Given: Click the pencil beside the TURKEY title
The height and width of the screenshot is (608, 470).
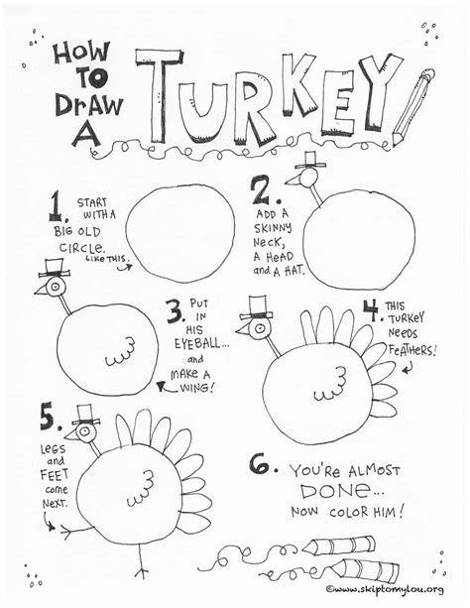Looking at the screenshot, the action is tap(412, 107).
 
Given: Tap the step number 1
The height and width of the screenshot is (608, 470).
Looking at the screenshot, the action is tap(57, 208).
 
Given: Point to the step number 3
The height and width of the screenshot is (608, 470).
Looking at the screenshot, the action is tap(175, 311).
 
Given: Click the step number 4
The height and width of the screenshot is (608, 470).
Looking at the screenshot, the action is tap(372, 310).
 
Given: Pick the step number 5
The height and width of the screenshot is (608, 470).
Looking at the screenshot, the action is tap(50, 418).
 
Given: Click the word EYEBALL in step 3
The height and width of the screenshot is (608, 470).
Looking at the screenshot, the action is tap(196, 343).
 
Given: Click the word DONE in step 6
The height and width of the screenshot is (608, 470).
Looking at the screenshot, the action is tap(333, 491).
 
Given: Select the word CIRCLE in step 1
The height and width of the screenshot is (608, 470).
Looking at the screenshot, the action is tap(81, 247).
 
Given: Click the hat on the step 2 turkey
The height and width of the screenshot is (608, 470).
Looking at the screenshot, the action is tap(310, 160).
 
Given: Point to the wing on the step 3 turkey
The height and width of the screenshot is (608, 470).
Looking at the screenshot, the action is tap(121, 352).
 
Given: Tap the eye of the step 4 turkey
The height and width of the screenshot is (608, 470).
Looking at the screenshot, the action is tap(258, 328).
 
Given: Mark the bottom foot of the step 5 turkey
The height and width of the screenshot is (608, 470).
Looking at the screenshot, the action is tap(143, 572).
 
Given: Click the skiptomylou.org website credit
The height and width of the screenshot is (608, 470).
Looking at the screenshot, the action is tap(385, 590).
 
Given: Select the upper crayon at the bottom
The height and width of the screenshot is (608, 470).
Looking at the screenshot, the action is tap(338, 546).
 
